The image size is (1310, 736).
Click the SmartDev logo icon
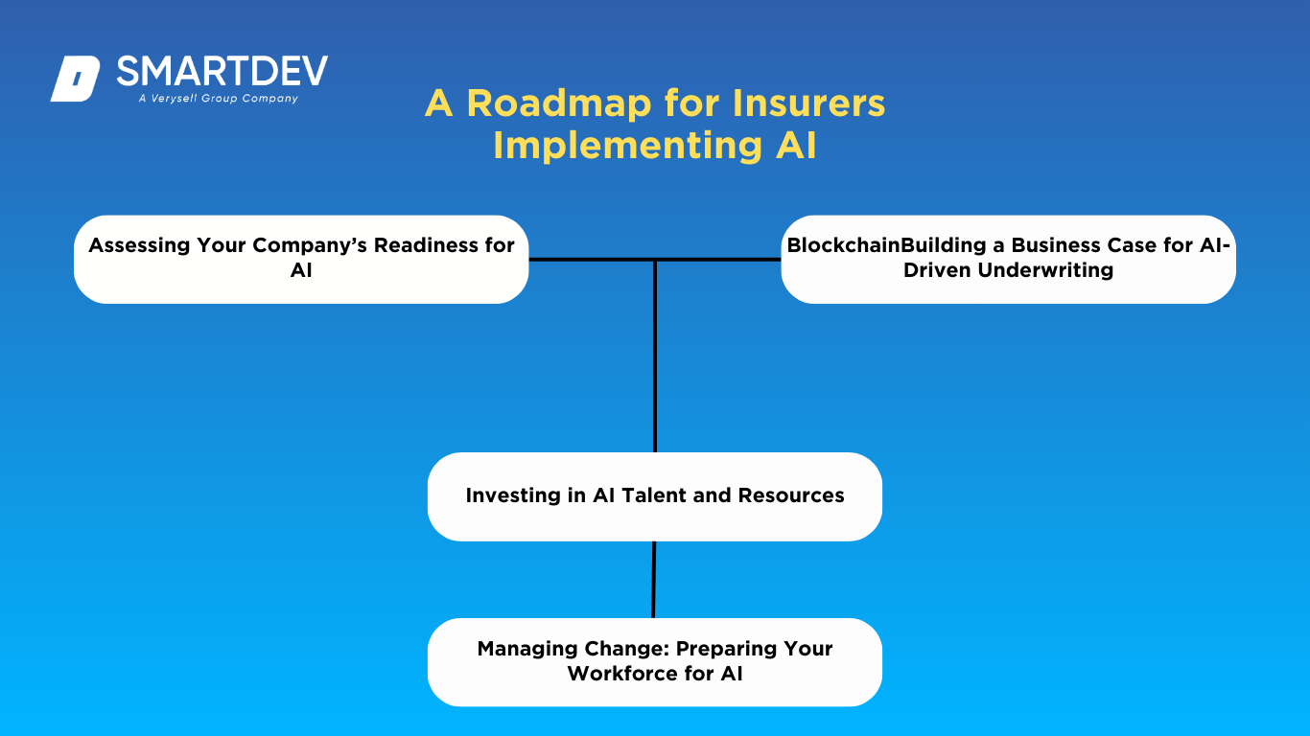point(75,79)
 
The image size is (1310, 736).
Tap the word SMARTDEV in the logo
point(222,71)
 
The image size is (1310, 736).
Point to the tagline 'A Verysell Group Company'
point(218,99)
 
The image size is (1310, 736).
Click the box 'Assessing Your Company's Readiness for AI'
point(301,259)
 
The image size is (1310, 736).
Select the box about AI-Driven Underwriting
point(1008,259)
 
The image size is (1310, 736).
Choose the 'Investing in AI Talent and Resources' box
point(654,496)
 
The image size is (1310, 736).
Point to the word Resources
point(791,495)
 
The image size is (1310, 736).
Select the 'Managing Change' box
point(654,662)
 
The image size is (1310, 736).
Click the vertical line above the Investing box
point(655,364)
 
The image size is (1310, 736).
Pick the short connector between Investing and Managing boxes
point(653,580)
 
